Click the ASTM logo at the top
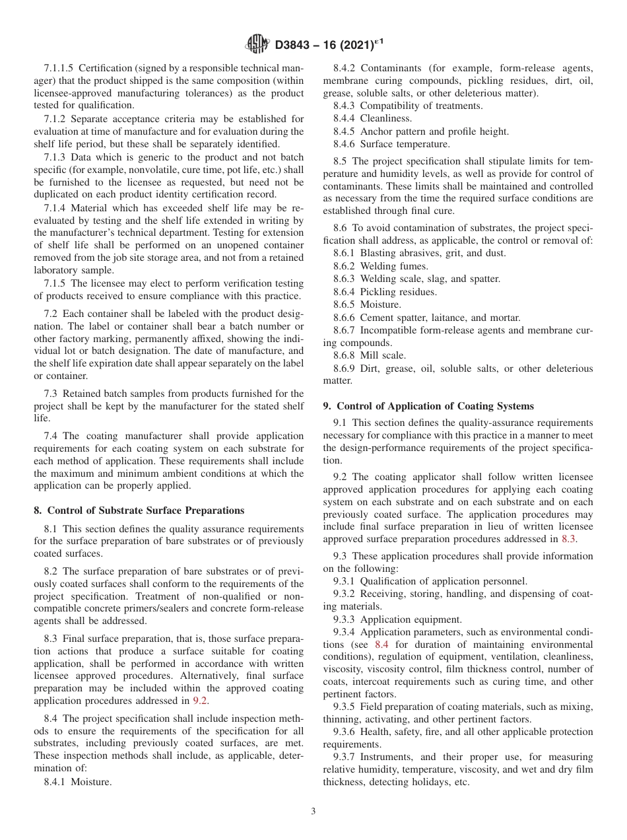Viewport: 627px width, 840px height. point(257,44)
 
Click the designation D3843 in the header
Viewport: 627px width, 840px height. point(295,45)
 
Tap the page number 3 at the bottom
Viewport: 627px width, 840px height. point(313,812)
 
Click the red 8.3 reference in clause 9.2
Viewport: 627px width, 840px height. point(568,538)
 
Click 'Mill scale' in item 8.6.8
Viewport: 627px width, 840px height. point(383,355)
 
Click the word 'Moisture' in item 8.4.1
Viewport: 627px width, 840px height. point(94,782)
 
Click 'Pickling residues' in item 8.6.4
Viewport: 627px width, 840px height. point(398,291)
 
